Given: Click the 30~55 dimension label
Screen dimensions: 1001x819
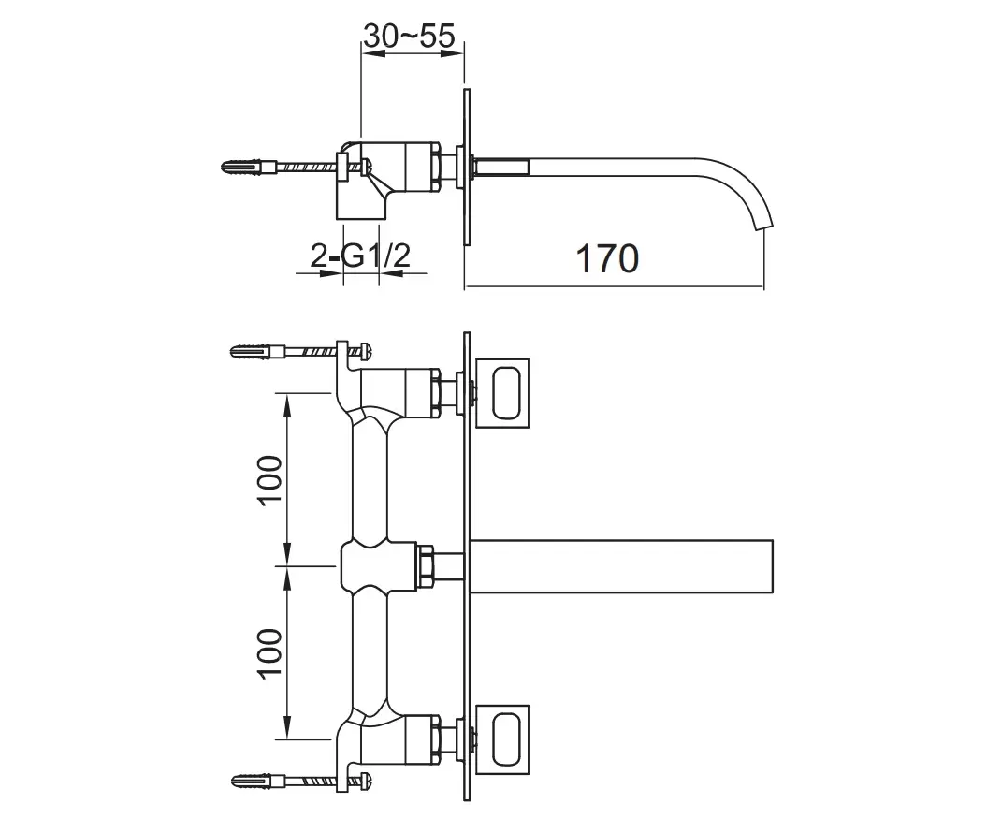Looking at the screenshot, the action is pos(409,36).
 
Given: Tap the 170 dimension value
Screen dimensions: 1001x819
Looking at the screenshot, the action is pos(607,258).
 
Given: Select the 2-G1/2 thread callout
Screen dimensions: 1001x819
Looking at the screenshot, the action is pos(360,256).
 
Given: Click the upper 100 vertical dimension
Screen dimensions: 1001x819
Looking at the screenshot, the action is pos(270,480).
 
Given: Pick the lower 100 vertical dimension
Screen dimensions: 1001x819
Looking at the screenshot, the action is pos(270,653).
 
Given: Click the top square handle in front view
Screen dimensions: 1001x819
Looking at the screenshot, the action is pos(502,393).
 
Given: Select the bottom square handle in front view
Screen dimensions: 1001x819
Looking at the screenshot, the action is pos(502,739).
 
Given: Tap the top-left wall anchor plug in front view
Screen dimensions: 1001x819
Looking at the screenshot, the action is pos(253,352).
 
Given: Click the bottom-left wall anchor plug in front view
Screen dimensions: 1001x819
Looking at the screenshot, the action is pos(253,781).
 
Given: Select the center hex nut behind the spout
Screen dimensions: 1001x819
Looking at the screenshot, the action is pos(425,566).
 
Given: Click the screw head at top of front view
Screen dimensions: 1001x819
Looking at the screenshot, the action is pos(367,351).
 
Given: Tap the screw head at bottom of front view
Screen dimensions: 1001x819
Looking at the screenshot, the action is pos(367,781).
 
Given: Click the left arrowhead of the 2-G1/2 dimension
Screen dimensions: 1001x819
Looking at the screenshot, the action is pos(330,273).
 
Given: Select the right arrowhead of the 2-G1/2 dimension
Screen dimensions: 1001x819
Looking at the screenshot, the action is pos(390,273).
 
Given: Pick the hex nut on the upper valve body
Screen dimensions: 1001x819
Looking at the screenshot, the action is pos(437,393).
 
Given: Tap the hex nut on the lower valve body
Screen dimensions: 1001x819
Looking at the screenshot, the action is pos(437,739).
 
